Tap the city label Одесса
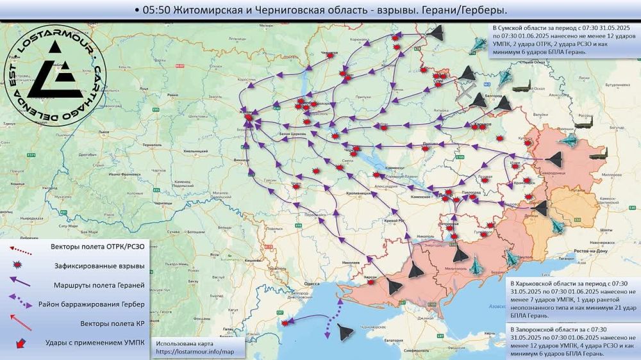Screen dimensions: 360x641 pyautogui.click(x=312, y=282)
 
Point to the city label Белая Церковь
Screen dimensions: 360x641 pyautogui.click(x=294, y=133)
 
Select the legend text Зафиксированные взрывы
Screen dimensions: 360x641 pyautogui.click(x=97, y=265)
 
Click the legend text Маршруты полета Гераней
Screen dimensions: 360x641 pyautogui.click(x=97, y=284)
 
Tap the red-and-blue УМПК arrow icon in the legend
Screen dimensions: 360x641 pyautogui.click(x=22, y=343)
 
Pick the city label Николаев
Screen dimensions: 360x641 pyautogui.click(x=350, y=262)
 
